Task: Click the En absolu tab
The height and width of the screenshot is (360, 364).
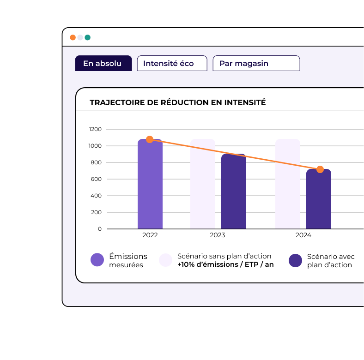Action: tap(103, 63)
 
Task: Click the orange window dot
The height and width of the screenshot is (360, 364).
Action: tap(73, 37)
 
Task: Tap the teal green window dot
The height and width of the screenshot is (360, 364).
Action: tap(88, 37)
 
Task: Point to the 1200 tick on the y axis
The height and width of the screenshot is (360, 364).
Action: tap(95, 129)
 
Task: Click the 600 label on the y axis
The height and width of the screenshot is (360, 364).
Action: tap(96, 179)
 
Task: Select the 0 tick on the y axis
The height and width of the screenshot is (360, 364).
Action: tap(99, 229)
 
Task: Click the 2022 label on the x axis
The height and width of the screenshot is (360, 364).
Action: tap(150, 235)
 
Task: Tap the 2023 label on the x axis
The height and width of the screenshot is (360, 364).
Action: tap(218, 235)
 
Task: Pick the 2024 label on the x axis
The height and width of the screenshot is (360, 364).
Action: tap(303, 235)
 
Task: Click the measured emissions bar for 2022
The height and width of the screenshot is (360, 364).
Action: tap(150, 185)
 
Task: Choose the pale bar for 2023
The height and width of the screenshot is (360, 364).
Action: tap(203, 185)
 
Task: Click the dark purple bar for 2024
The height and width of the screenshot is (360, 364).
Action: tap(319, 201)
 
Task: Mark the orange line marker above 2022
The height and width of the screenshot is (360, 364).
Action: tap(150, 139)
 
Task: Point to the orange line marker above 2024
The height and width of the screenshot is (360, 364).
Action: tap(320, 169)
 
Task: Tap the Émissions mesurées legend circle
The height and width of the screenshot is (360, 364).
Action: tap(97, 260)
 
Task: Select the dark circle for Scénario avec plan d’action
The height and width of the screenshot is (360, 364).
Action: tap(296, 260)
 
